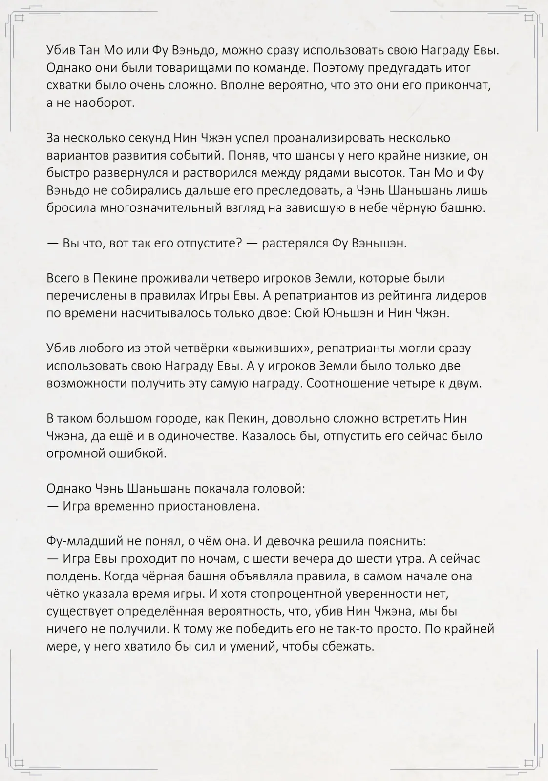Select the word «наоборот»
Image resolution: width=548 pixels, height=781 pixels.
(x=105, y=103)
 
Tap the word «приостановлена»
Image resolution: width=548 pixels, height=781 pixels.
(x=207, y=506)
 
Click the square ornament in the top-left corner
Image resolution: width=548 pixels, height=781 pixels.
(x=20, y=18)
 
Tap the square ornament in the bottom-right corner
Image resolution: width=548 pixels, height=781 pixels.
(x=528, y=763)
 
